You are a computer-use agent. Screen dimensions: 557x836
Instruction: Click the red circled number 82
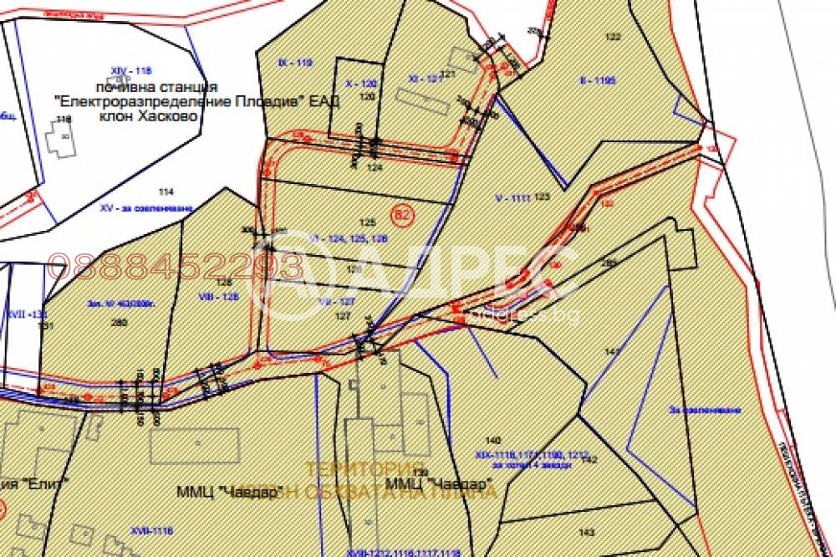tap(402, 215)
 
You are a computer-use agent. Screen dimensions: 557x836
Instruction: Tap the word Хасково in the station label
tap(172, 116)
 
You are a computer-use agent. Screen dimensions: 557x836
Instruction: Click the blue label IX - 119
tap(294, 63)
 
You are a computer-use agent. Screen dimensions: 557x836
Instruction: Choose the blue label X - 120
tap(361, 84)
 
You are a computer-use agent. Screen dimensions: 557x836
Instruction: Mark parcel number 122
tap(613, 36)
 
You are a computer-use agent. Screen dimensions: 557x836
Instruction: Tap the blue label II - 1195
tap(597, 81)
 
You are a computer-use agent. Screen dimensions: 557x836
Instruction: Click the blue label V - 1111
tap(512, 198)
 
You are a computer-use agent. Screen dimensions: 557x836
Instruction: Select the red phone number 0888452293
tap(176, 268)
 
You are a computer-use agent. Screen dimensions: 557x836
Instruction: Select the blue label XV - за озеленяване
tap(146, 207)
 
